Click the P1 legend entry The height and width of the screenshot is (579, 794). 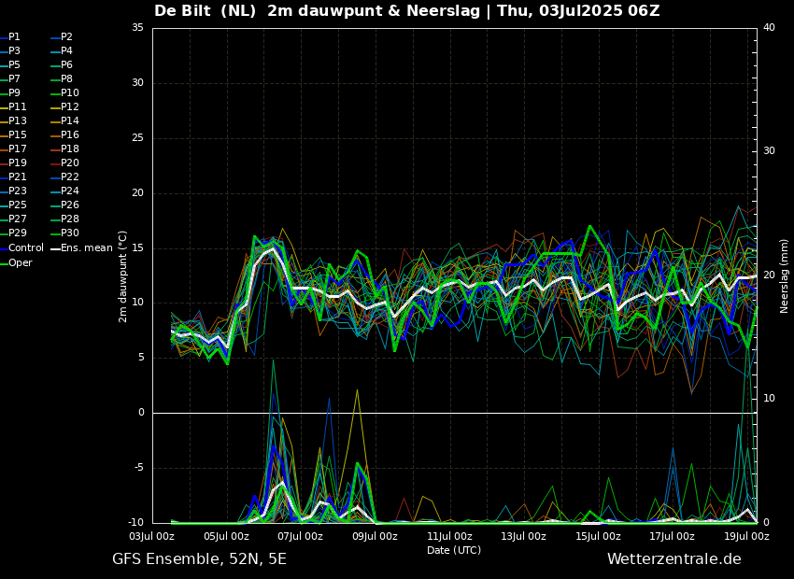pyautogui.click(x=14, y=37)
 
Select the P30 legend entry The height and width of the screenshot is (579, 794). pyautogui.click(x=70, y=233)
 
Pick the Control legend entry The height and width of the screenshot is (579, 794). pyautogui.click(x=25, y=248)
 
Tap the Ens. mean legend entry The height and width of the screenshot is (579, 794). pyautogui.click(x=86, y=248)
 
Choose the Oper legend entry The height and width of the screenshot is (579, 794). pyautogui.click(x=20, y=263)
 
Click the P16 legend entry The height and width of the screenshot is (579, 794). pyautogui.click(x=70, y=135)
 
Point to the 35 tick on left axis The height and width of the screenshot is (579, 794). pyautogui.click(x=137, y=28)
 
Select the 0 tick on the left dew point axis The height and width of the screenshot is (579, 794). pyautogui.click(x=141, y=413)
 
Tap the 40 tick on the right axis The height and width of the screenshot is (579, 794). pyautogui.click(x=769, y=28)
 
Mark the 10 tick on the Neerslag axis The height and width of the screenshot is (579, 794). pyautogui.click(x=769, y=399)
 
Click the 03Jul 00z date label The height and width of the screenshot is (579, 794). pyautogui.click(x=151, y=536)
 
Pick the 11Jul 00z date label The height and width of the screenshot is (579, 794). pyautogui.click(x=449, y=536)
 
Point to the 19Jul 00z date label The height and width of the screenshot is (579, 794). pyautogui.click(x=746, y=536)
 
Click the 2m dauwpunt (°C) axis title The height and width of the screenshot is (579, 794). pyautogui.click(x=122, y=275)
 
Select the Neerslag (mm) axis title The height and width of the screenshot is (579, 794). pyautogui.click(x=785, y=275)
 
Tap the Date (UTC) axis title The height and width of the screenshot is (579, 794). pyautogui.click(x=454, y=551)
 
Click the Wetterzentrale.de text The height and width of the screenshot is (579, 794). pyautogui.click(x=673, y=559)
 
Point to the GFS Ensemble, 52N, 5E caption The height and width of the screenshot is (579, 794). pyautogui.click(x=199, y=559)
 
